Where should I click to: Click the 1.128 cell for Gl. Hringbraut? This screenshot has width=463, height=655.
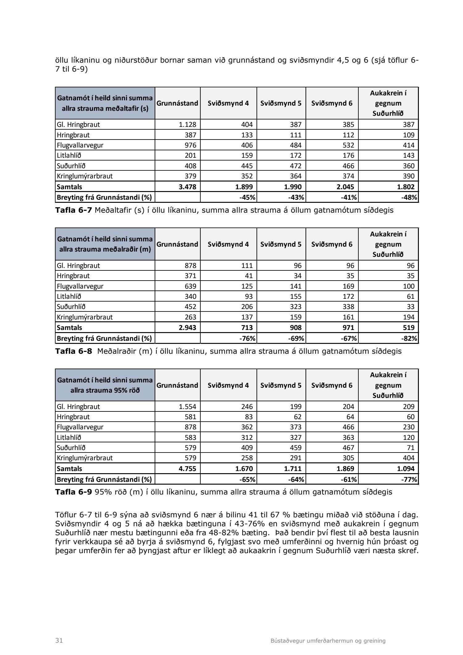pyautogui.click(x=187, y=125)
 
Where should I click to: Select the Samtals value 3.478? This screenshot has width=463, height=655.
pyautogui.click(x=187, y=187)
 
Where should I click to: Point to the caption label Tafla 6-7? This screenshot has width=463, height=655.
pyautogui.click(x=73, y=211)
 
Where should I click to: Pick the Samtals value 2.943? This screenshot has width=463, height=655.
pyautogui.click(x=187, y=327)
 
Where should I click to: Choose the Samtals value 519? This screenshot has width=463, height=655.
pyautogui.click(x=409, y=327)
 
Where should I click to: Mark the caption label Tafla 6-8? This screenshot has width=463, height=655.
pyautogui.click(x=73, y=351)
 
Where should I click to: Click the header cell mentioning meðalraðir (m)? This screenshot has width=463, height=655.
pyautogui.click(x=105, y=244)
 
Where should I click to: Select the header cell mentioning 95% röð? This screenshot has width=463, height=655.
pyautogui.click(x=105, y=385)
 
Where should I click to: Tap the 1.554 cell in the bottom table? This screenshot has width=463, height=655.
pyautogui.click(x=187, y=407)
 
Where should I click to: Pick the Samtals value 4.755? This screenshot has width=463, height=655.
pyautogui.click(x=187, y=469)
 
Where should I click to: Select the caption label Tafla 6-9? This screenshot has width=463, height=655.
pyautogui.click(x=73, y=492)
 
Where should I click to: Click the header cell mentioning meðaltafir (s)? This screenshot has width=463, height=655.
pyautogui.click(x=105, y=103)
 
